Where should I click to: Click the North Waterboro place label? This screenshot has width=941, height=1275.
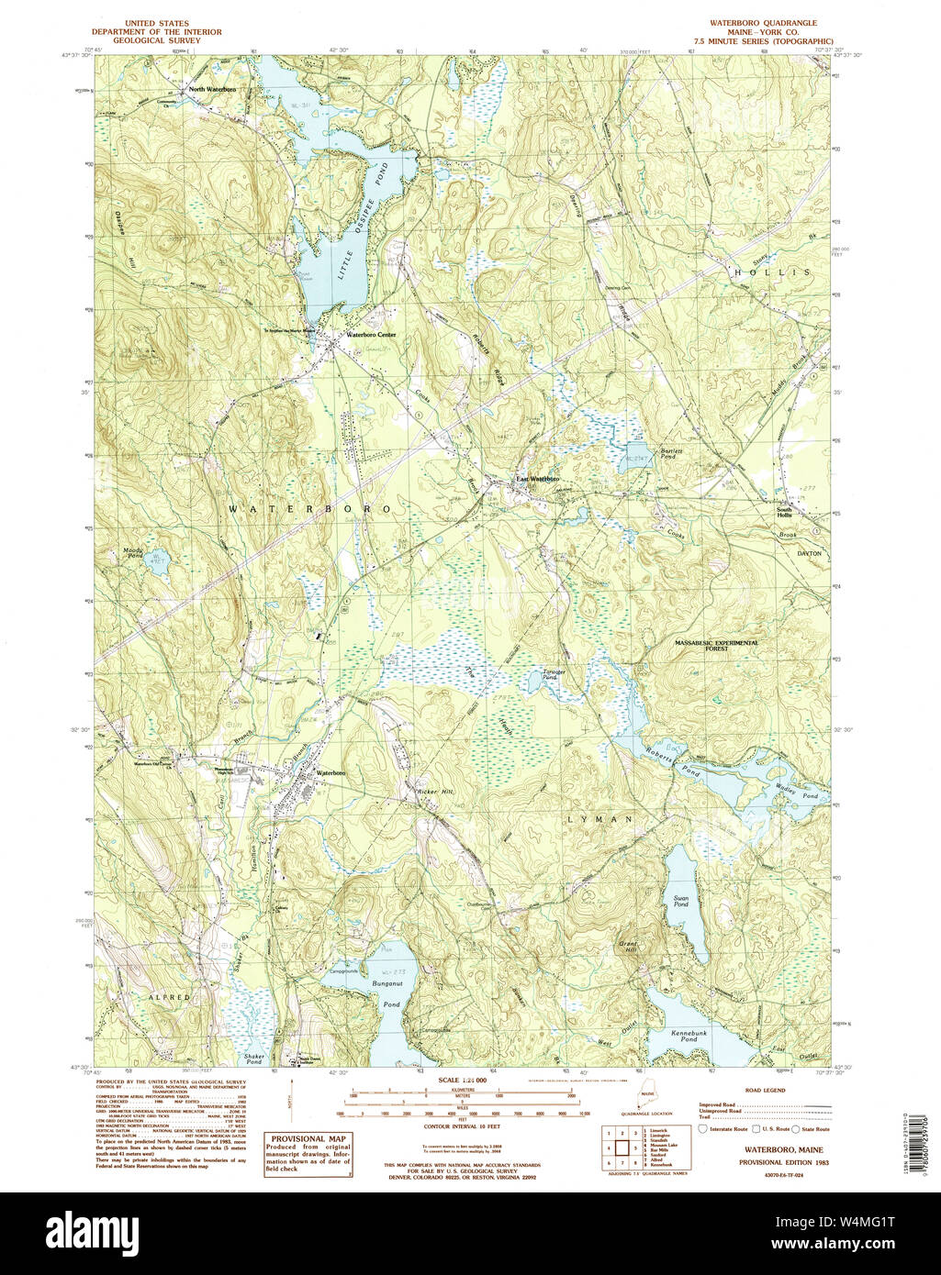coord(213,90)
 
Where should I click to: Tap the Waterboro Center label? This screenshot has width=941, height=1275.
coord(371,336)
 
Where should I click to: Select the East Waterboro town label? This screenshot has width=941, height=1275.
coord(536,479)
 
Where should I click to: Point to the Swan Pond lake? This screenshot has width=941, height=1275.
coord(681,904)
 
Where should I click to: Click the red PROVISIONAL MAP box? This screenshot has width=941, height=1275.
coord(308,1154)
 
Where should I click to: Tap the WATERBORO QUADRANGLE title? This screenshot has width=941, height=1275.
coord(763,23)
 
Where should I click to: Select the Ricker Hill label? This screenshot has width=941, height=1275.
coord(436,791)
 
